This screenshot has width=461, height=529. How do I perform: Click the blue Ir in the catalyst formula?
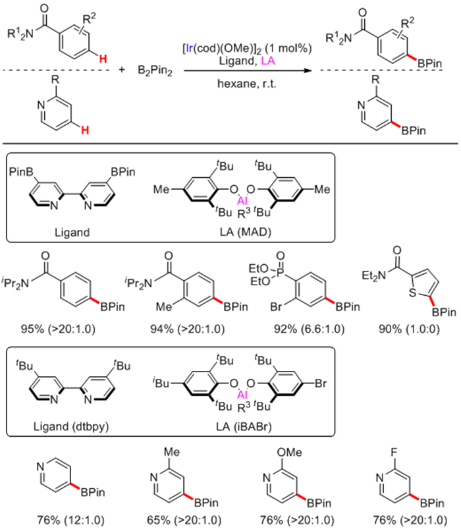point(189,49)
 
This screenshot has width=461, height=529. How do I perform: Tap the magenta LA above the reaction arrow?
point(268,61)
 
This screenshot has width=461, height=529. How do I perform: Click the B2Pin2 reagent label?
point(155,71)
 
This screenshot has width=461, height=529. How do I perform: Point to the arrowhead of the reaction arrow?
point(307,70)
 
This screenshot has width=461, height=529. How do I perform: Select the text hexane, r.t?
point(246,83)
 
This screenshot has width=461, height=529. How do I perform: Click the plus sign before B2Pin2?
point(121,69)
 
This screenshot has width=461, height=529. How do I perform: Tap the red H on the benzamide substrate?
point(103,59)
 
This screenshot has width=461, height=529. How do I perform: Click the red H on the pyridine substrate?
point(85,130)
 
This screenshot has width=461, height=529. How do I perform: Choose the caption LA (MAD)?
point(245,232)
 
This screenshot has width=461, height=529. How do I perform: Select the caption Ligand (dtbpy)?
point(71,426)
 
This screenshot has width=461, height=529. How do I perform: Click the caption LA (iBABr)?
point(244,426)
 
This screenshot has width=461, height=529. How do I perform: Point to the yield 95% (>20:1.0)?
point(58,329)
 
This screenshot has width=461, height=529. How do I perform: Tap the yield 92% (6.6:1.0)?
point(310,329)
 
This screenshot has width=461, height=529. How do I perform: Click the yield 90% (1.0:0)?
point(409,329)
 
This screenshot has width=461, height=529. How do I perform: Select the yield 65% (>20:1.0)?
point(184,520)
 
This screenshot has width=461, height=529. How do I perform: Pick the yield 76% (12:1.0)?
point(71,520)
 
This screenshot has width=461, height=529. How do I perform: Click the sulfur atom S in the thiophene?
point(412,293)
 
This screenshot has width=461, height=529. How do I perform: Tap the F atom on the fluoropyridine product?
point(394,453)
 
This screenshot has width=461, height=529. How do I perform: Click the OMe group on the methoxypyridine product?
point(289,452)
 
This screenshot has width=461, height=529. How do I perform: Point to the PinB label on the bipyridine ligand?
point(21,172)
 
